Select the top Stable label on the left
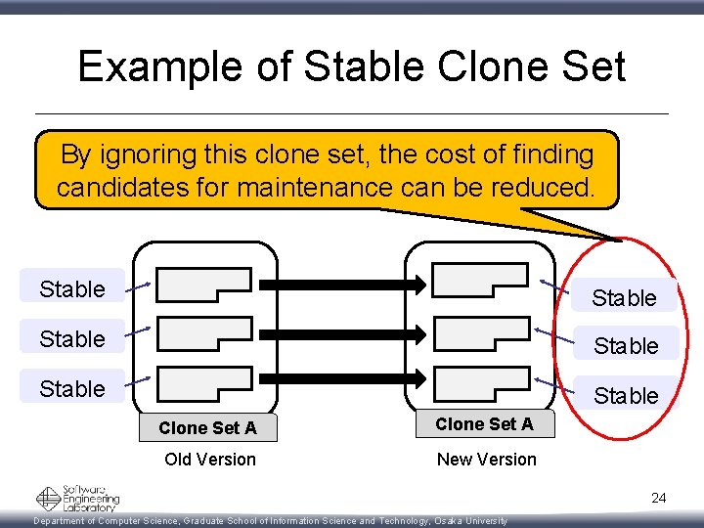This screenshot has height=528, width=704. [72, 288]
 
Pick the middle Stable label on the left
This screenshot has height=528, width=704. [72, 338]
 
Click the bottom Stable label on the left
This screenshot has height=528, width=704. [72, 388]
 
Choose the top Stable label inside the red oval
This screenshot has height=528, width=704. [624, 297]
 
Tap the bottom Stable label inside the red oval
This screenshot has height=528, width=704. [626, 395]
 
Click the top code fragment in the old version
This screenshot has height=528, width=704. [203, 284]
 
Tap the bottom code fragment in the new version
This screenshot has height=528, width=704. [480, 379]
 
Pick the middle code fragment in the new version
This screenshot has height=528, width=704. [480, 332]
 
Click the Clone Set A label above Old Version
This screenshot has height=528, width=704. [207, 427]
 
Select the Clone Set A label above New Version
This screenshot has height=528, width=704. [484, 423]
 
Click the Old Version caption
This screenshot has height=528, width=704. [210, 459]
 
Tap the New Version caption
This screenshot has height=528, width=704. [486, 459]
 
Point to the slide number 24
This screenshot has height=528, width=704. [658, 498]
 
